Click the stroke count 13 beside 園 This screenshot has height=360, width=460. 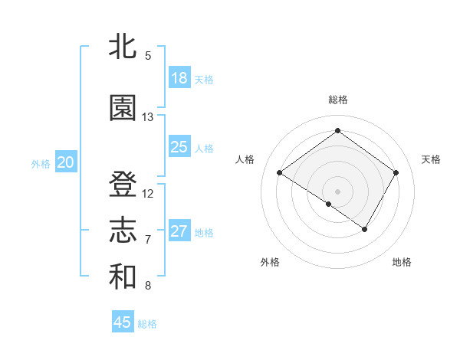[148, 117]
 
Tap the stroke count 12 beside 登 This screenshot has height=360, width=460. [148, 194]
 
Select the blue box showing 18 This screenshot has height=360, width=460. [179, 78]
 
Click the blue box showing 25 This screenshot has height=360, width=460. [179, 147]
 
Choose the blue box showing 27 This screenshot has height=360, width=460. [179, 231]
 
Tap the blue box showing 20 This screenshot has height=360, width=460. [66, 162]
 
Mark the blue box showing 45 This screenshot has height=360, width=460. [123, 322]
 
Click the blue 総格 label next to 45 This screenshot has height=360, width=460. [147, 324]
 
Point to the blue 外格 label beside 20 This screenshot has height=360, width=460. [41, 163]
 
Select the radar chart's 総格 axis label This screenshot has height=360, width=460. [338, 100]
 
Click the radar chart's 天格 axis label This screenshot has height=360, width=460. [431, 159]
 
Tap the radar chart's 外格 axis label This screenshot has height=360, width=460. [270, 262]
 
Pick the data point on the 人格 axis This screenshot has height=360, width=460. [280, 173]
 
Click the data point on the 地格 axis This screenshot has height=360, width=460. [365, 229]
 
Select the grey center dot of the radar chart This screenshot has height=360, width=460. [337, 191]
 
